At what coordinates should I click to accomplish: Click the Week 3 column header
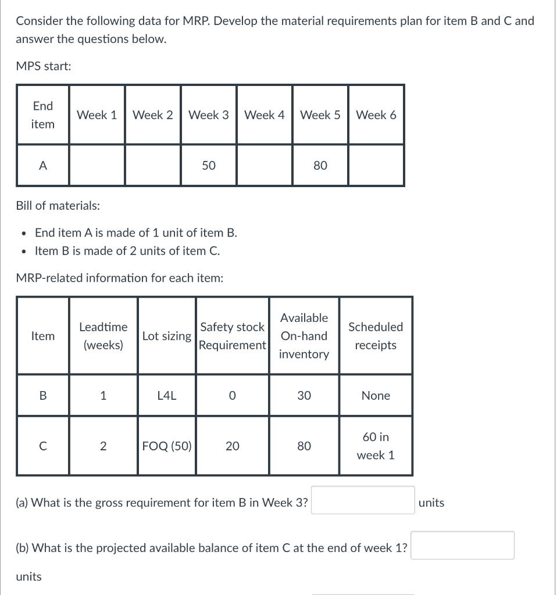pyautogui.click(x=209, y=115)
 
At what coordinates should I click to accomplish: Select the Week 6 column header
pyautogui.click(x=376, y=115)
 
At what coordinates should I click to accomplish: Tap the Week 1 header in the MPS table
pyautogui.click(x=97, y=115)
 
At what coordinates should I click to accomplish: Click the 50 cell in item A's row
pyautogui.click(x=209, y=166)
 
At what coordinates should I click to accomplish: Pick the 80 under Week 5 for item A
pyautogui.click(x=320, y=166)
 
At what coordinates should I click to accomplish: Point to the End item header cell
pyautogui.click(x=43, y=115)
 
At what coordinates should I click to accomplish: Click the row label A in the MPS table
pyautogui.click(x=43, y=166)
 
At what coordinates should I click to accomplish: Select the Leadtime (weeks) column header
pyautogui.click(x=103, y=336)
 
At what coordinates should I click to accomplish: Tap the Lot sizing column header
pyautogui.click(x=167, y=336)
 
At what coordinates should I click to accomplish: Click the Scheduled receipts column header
pyautogui.click(x=376, y=336)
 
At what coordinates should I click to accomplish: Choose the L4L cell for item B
pyautogui.click(x=167, y=396)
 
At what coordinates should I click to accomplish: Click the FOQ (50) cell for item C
pyautogui.click(x=167, y=446)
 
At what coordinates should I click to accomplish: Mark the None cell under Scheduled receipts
pyautogui.click(x=376, y=396)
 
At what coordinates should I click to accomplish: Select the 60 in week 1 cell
pyautogui.click(x=376, y=446)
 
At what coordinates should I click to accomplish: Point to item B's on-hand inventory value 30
pyautogui.click(x=304, y=396)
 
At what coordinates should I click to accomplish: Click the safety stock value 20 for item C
pyautogui.click(x=232, y=446)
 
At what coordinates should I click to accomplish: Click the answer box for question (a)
pyautogui.click(x=363, y=500)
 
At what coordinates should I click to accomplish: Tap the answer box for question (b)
pyautogui.click(x=462, y=546)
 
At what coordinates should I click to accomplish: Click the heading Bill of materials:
pyautogui.click(x=58, y=206)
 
